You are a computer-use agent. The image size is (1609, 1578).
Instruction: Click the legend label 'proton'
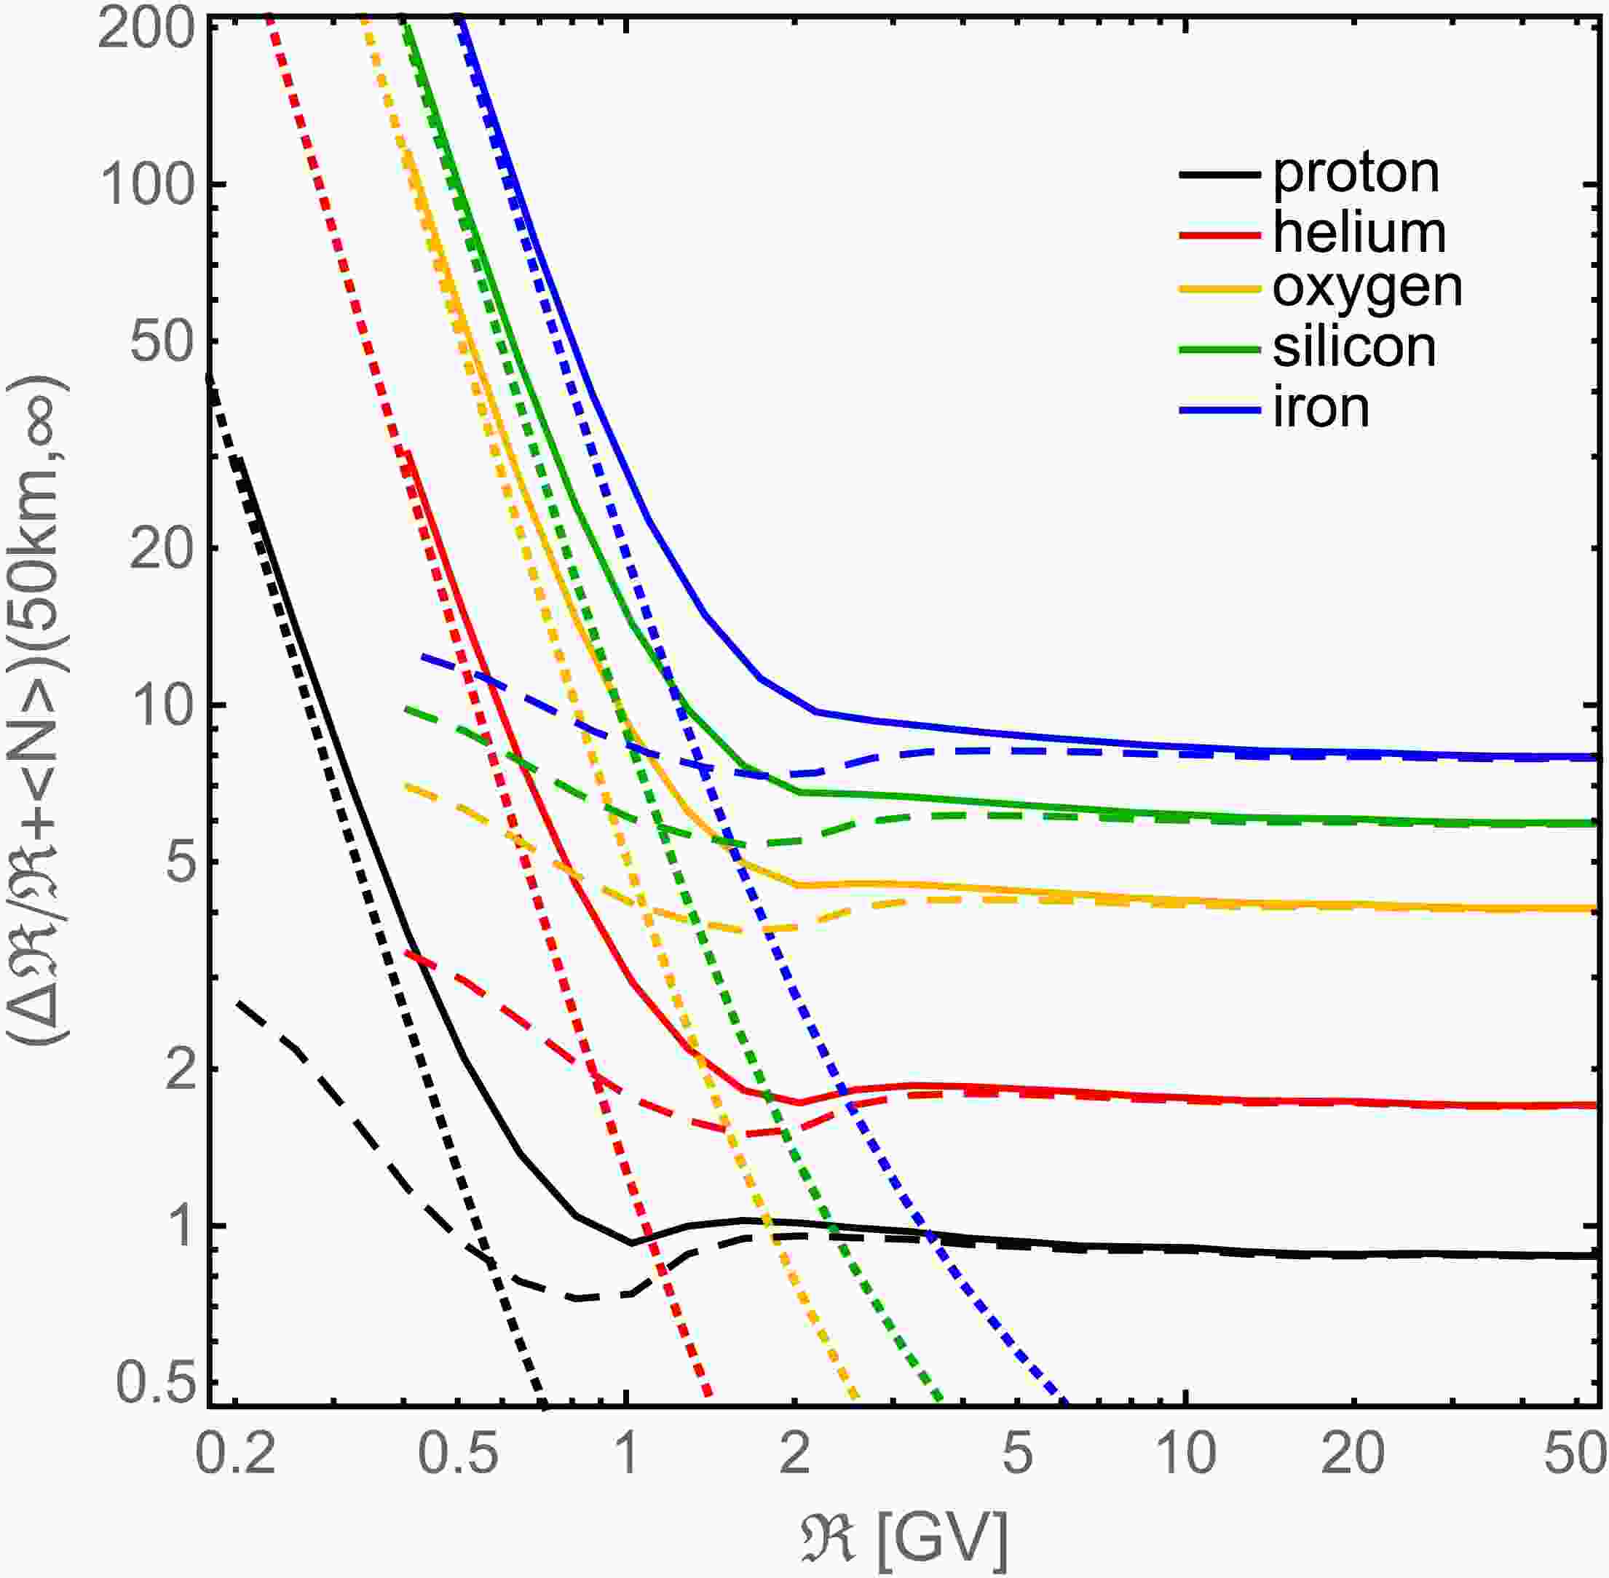click(1356, 174)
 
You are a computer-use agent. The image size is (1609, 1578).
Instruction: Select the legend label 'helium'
click(1359, 233)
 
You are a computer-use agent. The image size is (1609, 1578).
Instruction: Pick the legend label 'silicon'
click(1354, 348)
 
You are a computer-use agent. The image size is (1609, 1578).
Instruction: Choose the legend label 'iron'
click(1321, 408)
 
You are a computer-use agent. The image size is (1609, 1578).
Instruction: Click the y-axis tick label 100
click(149, 184)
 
